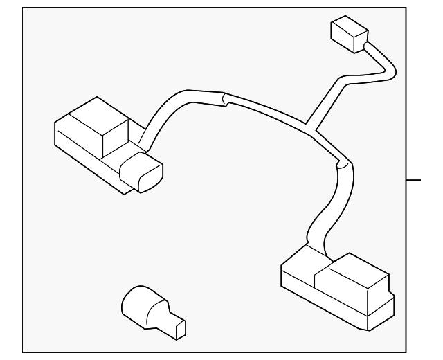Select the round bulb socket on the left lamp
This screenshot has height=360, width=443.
click(141, 172)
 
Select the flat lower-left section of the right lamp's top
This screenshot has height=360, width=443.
click(298, 266)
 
